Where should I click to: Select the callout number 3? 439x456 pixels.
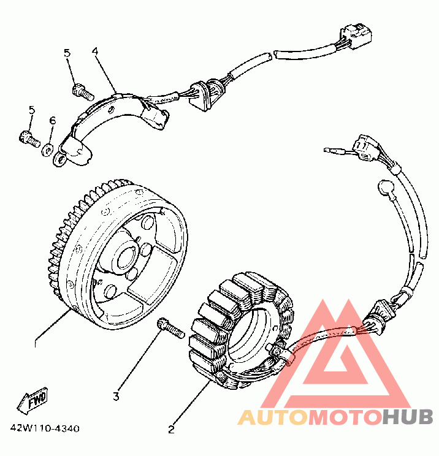(x=115, y=396)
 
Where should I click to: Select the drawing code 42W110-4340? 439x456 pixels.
(x=44, y=428)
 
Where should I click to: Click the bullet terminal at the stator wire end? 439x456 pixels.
(x=332, y=149)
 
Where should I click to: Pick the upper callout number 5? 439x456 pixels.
(x=67, y=54)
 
